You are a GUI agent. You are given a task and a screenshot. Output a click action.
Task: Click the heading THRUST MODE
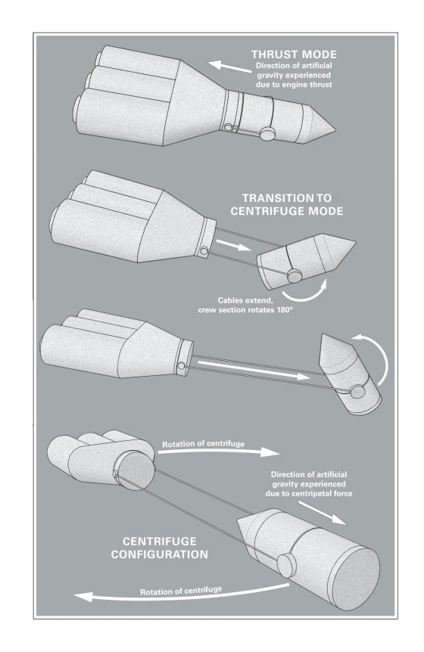(x=294, y=54)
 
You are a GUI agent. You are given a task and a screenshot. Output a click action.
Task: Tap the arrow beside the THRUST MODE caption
(x=229, y=67)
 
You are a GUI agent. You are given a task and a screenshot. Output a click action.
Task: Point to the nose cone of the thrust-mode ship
(x=322, y=123)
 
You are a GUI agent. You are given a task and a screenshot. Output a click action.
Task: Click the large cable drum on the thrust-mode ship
(x=267, y=133)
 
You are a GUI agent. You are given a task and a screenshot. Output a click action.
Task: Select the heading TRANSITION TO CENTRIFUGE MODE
(x=287, y=204)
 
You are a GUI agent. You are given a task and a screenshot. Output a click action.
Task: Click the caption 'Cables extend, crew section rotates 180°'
(x=245, y=306)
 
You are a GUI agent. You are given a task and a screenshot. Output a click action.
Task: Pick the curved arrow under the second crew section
(x=305, y=291)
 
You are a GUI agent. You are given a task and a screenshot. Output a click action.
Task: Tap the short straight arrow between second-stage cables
(x=233, y=244)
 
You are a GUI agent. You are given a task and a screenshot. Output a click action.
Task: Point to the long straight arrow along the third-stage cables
(x=254, y=370)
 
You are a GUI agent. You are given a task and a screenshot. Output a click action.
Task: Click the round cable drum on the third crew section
(x=357, y=392)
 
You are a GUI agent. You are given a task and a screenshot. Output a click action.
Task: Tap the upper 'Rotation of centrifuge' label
(x=203, y=444)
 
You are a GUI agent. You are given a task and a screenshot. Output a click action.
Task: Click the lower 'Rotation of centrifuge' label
(x=181, y=591)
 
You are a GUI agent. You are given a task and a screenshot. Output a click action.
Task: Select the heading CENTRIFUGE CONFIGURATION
(x=159, y=548)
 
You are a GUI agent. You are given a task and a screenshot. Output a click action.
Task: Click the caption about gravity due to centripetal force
(x=309, y=484)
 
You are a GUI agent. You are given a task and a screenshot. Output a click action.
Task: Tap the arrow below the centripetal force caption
(x=323, y=513)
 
